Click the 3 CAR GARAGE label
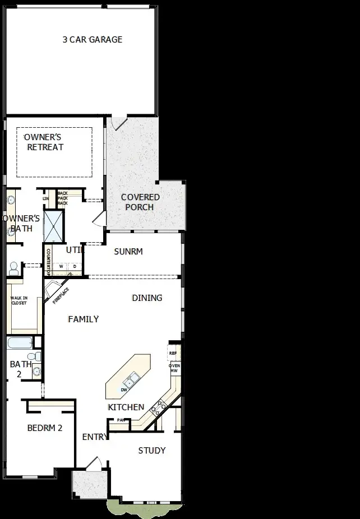[92, 40]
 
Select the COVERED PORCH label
[140, 202]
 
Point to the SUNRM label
[128, 252]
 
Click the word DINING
[147, 298]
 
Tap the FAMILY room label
[83, 319]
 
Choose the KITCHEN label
[126, 407]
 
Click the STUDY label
[151, 451]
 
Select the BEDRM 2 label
[44, 428]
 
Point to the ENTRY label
[94, 437]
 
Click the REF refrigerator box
[173, 354]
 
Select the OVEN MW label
[174, 368]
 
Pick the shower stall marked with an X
[54, 225]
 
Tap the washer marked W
[61, 266]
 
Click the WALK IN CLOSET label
[19, 300]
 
